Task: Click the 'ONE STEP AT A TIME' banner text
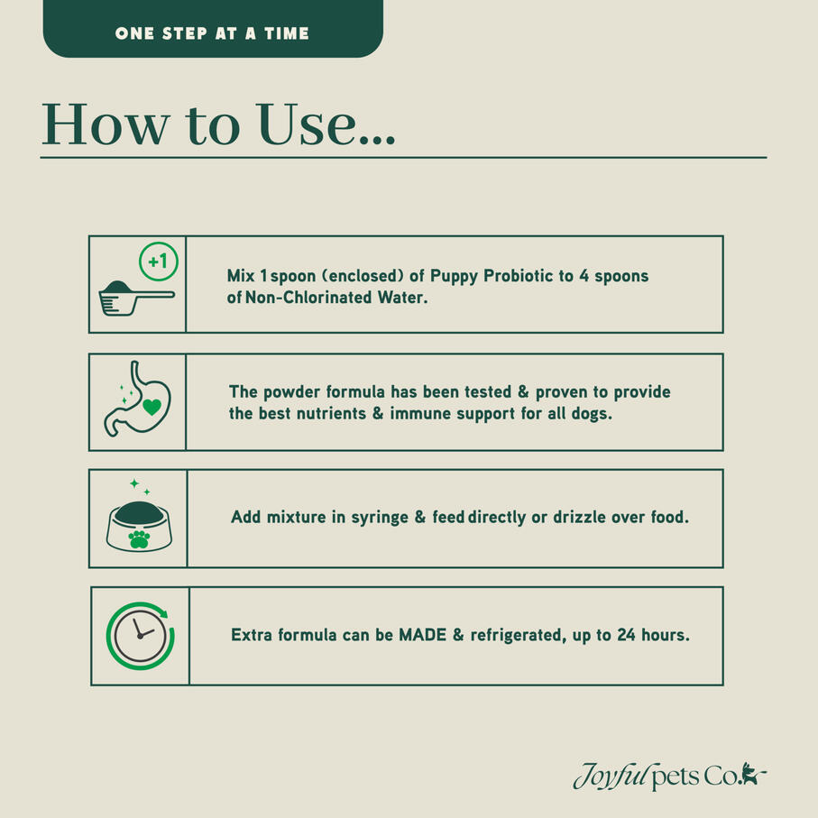[x=212, y=34]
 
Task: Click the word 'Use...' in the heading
[x=326, y=124]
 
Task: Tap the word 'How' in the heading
[x=106, y=124]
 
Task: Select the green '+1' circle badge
[x=159, y=262]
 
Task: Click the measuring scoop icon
[x=136, y=298]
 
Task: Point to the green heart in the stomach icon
[x=152, y=407]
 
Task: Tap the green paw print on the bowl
[x=139, y=539]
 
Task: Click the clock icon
[x=140, y=636]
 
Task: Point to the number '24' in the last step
[x=626, y=635]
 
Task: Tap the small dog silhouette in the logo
[x=752, y=773]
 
